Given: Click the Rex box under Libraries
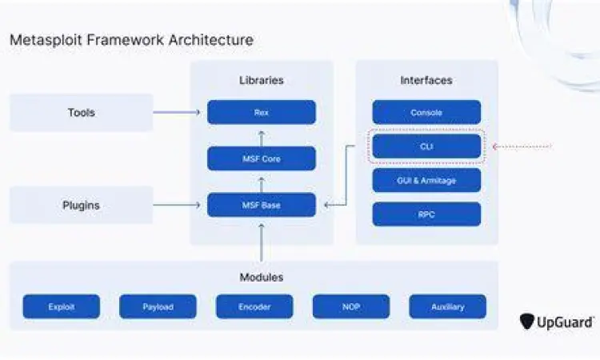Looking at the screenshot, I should coord(261,112).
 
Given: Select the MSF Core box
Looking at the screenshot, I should coord(261,158).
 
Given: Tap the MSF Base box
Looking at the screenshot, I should coord(261,205).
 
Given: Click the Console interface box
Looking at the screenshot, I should coord(426,112).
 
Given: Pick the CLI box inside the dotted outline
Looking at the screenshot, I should coord(426,146).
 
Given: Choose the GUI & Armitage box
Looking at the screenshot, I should coord(426,180).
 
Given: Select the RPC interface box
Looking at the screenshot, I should coord(426,214).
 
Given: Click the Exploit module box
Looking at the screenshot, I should coord(62,306).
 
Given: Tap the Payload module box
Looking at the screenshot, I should coord(158,306).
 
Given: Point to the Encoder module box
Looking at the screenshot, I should coord(254,306).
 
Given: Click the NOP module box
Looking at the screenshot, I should coord(351,306).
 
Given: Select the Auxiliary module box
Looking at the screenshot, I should coord(447,306).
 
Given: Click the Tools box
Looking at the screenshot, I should coord(81,113).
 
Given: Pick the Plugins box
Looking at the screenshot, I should coord(81,206).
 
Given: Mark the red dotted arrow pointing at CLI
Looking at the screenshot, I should coord(522,146).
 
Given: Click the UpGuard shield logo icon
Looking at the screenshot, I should coord(527,322).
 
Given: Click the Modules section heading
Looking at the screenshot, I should coord(261,278).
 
